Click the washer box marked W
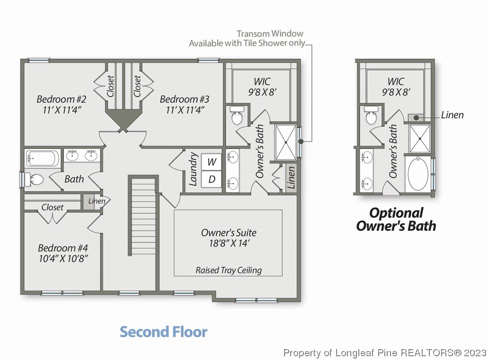211,162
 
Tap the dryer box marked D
211,179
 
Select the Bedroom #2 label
62,99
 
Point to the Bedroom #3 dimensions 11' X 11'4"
185,110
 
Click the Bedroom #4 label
63,248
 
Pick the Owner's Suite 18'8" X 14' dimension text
229,243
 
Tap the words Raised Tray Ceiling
229,271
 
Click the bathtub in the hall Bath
42,158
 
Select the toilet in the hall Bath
34,180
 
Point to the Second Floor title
163,332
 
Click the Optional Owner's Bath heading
396,220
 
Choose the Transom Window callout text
247,38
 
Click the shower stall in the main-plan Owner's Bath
286,142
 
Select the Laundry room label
193,169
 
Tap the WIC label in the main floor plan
262,81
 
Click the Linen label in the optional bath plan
452,115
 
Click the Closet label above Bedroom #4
52,207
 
